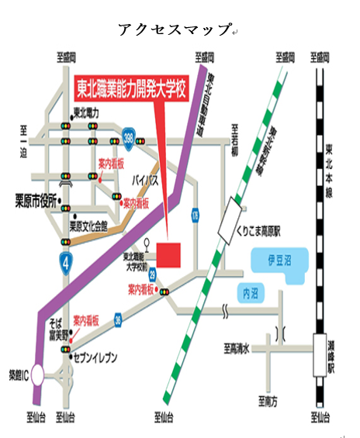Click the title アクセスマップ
[x=175, y=29]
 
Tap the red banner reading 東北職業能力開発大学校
[x=132, y=90]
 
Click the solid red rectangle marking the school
[x=168, y=254]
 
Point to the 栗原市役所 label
[x=31, y=200]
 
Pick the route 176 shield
[x=195, y=213]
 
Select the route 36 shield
[x=116, y=317]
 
